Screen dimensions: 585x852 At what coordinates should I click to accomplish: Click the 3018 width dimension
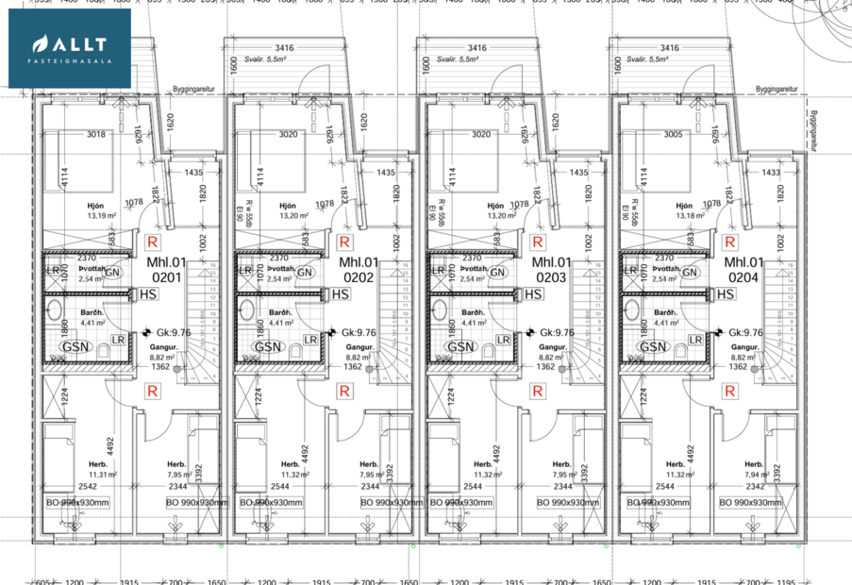point(96,134)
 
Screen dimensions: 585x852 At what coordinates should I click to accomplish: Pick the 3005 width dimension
point(674,134)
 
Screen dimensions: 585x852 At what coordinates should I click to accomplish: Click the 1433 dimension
point(771,173)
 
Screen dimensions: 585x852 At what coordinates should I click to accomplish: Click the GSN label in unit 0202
point(268,346)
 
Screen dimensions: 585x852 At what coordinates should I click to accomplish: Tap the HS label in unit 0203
point(533,295)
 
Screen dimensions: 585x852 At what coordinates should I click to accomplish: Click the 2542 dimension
point(87,487)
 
